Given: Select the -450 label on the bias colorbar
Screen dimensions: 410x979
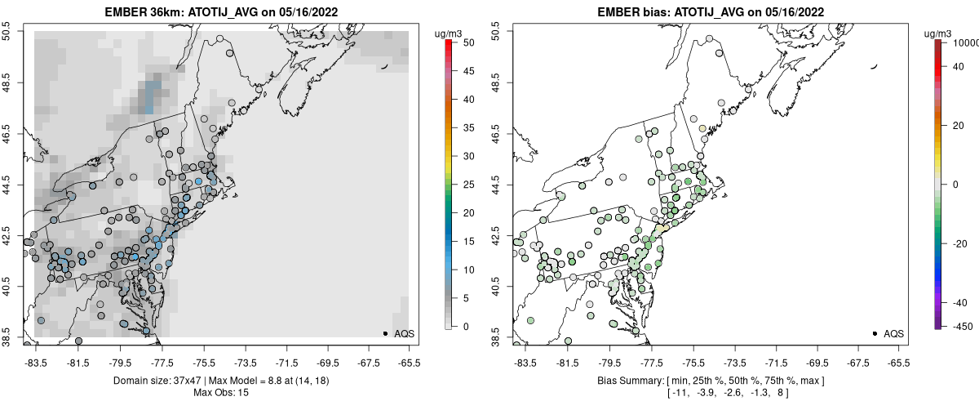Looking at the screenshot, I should coord(961,327).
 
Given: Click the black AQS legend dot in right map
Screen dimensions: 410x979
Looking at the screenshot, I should coord(875,333).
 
